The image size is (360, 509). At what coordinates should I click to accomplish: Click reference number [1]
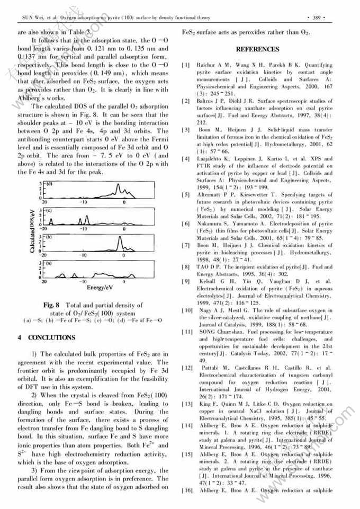pos(185,65)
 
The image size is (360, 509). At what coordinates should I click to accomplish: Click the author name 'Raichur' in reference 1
pos(206,65)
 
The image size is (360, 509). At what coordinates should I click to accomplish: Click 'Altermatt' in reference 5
pos(210,195)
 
